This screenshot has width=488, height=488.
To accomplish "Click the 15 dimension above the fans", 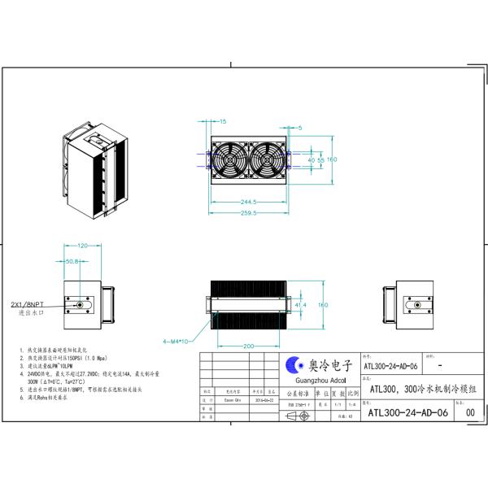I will (x=222, y=121).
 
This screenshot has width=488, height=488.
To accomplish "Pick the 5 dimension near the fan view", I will (x=298, y=128).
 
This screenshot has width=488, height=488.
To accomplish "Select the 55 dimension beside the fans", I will (x=320, y=160).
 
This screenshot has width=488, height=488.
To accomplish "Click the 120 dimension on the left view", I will (x=82, y=245).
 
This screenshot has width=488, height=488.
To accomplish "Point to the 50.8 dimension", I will (x=71, y=262).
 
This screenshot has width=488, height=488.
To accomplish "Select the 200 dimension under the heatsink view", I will (x=246, y=346).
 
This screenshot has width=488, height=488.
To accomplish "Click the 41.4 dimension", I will (x=300, y=304).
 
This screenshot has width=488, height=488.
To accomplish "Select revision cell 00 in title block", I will (x=469, y=412).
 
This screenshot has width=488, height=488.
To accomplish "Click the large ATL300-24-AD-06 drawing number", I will (x=408, y=412).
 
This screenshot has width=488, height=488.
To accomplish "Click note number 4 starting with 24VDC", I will (x=65, y=374).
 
